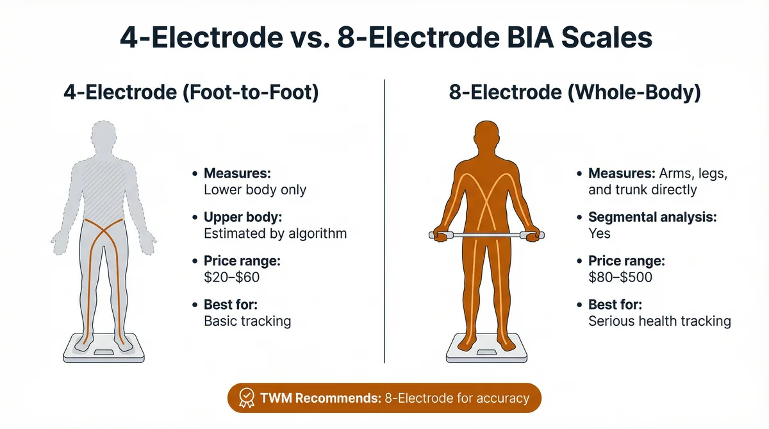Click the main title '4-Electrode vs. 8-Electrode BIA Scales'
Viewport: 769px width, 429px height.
tap(385, 37)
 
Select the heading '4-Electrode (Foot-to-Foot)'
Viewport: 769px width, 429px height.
tap(192, 93)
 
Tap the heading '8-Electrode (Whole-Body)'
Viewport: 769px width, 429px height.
tap(575, 93)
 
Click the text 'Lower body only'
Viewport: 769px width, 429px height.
tap(254, 190)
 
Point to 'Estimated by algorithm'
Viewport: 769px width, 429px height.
tap(275, 233)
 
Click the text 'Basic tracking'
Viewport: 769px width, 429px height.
tap(247, 321)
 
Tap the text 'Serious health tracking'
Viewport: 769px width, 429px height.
tap(659, 321)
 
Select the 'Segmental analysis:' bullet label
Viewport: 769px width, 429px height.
tap(652, 217)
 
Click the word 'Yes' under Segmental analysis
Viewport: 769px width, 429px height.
tap(600, 233)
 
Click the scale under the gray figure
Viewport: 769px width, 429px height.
tap(104, 351)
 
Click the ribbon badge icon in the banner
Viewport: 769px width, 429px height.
tap(245, 398)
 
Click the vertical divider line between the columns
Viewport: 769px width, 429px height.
tap(384, 218)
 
